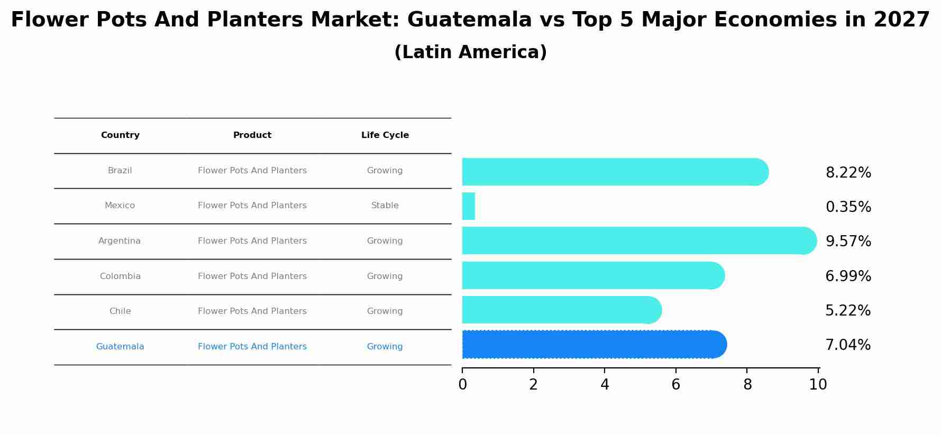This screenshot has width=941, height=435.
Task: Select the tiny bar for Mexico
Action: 469,206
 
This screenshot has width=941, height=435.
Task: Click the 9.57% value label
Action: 848,242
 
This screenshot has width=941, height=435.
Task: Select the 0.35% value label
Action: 848,207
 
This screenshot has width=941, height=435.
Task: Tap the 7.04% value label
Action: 848,345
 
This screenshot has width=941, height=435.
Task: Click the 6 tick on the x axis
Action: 675,385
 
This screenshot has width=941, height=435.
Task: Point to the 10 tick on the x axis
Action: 818,385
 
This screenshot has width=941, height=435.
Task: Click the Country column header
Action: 120,135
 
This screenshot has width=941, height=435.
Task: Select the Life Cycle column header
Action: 385,135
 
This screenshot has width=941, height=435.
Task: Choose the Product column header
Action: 252,135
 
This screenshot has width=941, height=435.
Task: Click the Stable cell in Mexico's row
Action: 385,206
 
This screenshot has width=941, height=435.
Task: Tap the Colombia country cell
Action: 120,276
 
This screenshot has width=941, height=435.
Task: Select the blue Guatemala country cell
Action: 120,347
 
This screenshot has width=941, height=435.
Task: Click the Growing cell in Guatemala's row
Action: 385,347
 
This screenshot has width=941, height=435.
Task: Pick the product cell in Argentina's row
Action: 252,241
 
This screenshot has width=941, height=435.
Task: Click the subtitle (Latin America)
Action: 470,52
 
